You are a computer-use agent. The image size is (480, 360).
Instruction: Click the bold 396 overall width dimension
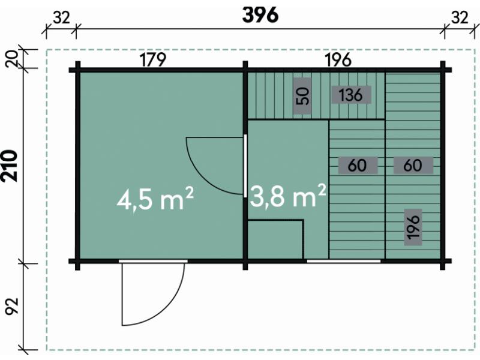pyautogui.click(x=260, y=15)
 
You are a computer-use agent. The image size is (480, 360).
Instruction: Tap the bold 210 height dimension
pyautogui.click(x=10, y=166)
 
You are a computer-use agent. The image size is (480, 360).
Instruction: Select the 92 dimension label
pyautogui.click(x=12, y=306)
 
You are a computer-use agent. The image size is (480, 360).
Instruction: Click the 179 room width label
pyautogui.click(x=153, y=59)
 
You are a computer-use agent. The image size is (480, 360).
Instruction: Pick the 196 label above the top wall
pyautogui.click(x=338, y=59)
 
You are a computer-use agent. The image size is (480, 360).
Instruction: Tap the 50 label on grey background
pyautogui.click(x=302, y=96)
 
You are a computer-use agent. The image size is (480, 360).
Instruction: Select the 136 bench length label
pyautogui.click(x=351, y=95)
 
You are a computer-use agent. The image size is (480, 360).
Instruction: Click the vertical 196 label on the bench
pyautogui.click(x=413, y=227)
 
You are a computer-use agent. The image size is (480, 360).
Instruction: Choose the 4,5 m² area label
pyautogui.click(x=155, y=199)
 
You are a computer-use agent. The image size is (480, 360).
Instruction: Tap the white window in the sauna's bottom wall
pyautogui.click(x=344, y=261)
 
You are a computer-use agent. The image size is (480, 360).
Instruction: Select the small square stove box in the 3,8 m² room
pyautogui.click(x=275, y=239)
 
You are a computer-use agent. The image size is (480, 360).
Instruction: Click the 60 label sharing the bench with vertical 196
pyautogui.click(x=413, y=166)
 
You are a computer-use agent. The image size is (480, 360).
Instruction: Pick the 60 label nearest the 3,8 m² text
pyautogui.click(x=358, y=166)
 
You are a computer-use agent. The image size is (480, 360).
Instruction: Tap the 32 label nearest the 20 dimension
pyautogui.click(x=62, y=18)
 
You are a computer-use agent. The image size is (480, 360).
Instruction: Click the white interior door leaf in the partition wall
pyautogui.click(x=245, y=166)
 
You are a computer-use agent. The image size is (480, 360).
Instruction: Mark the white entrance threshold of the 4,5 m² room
pyautogui.click(x=153, y=261)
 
